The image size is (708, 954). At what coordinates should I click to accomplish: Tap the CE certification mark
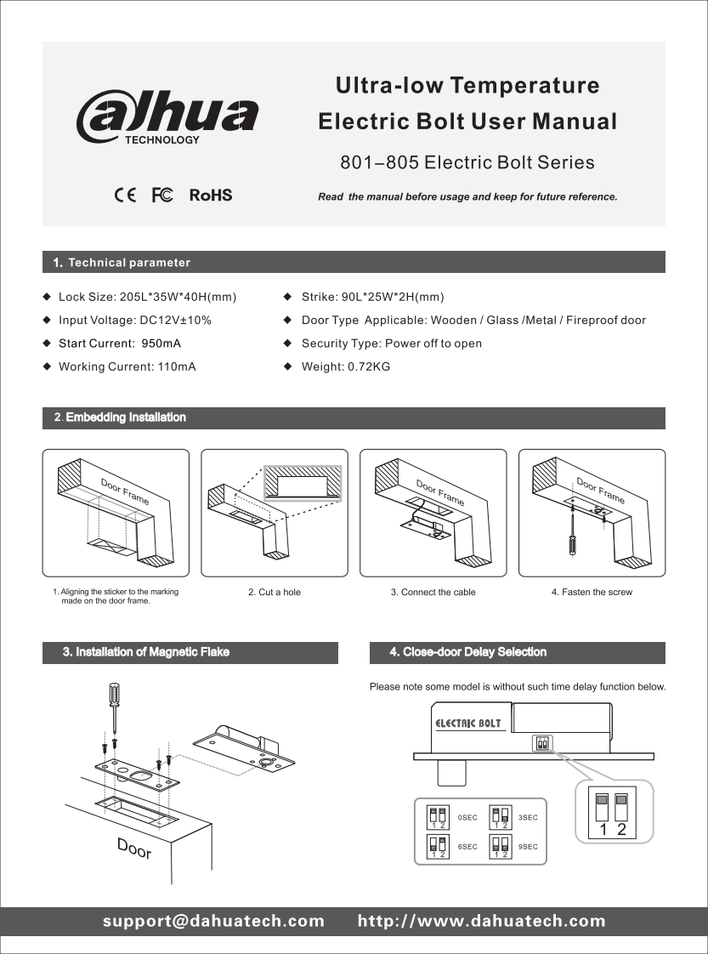[124, 196]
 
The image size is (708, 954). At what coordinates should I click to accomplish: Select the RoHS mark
[210, 196]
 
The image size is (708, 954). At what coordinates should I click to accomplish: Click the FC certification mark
[162, 196]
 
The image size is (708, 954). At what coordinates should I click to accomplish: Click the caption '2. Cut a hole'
[275, 592]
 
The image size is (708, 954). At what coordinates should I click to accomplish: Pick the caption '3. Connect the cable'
[433, 592]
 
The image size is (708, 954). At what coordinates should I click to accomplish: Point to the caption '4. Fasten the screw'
[592, 592]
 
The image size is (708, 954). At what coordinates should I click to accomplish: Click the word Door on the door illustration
[134, 847]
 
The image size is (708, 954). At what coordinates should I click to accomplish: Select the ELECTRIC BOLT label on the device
[468, 724]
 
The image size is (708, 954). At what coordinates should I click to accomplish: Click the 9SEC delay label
[528, 847]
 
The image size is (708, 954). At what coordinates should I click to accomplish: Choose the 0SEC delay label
[467, 817]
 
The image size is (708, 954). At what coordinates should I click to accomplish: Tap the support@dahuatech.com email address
[214, 921]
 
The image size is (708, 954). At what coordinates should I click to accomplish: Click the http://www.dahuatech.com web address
[482, 921]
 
